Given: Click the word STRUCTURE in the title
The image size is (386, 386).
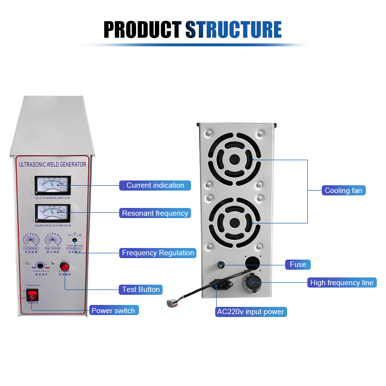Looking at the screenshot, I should (234, 29).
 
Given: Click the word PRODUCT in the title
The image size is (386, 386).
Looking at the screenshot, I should (143, 29).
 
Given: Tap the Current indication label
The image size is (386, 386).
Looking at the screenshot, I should (155, 185).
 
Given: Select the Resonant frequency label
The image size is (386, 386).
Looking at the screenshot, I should (155, 213).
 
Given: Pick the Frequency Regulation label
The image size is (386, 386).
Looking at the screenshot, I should (158, 253).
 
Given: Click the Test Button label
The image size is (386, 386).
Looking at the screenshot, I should (141, 289).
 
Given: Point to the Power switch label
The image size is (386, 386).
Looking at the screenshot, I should (113, 310).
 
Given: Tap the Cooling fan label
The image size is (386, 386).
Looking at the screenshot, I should (343, 191).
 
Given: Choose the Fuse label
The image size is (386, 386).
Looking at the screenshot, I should (298, 264).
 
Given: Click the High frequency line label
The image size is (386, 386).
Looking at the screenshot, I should (342, 283).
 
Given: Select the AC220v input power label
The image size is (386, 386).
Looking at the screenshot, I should (250, 312).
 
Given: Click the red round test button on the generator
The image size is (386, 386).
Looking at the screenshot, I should (65, 266).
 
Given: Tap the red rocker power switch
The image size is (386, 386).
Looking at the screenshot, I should (32, 295).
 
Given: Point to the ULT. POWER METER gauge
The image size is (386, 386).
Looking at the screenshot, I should (52, 184).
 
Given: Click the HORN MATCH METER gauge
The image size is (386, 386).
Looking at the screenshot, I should (52, 212).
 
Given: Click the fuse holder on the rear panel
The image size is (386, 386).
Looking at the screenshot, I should (221, 265).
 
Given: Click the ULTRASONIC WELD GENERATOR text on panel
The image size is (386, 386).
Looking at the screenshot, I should (52, 164).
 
